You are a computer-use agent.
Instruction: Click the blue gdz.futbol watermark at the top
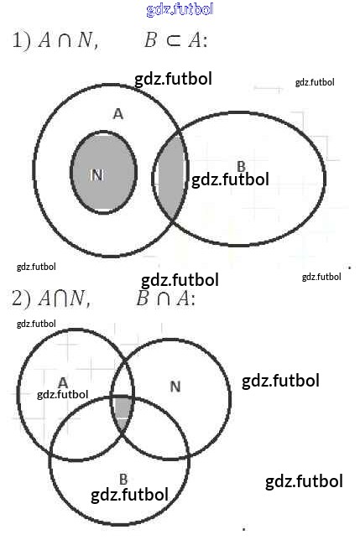coord(180,9)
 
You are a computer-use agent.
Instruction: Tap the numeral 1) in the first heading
coord(21,39)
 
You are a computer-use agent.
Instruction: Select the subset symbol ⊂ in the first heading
coord(174,40)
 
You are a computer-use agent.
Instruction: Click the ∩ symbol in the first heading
coord(65,40)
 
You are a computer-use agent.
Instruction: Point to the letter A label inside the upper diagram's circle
coord(118,114)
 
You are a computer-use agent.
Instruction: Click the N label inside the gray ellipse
coord(97,175)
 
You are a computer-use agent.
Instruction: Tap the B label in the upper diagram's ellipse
coord(241,167)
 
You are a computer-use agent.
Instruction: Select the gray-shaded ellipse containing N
coord(103,172)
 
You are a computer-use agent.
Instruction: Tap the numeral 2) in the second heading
coord(21,298)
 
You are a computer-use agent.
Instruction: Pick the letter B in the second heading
coord(142,299)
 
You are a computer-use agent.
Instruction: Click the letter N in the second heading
coord(77,298)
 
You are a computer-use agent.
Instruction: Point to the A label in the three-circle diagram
coord(63,382)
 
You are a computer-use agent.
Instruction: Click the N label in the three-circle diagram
coord(175,387)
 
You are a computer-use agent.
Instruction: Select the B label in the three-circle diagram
coord(123,479)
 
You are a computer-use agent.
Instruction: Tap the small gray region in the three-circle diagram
coord(123,408)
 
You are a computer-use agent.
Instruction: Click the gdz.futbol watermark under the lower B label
coord(129,495)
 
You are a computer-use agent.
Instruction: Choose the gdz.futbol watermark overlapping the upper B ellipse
coord(230,179)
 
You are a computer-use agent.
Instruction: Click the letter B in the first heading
coord(150,40)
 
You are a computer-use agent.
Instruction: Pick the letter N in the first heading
coord(85,40)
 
